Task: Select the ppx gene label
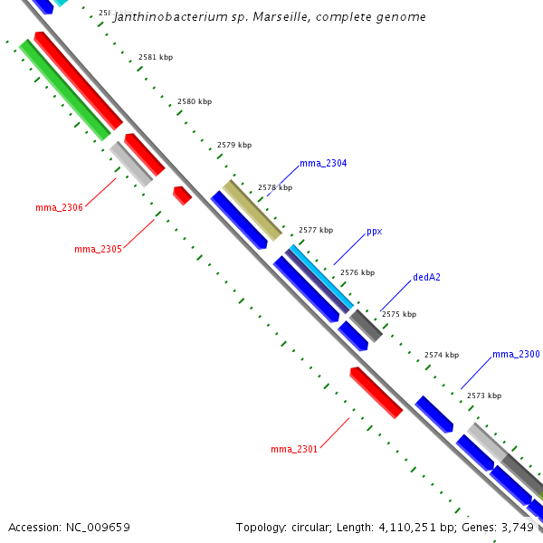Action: [x=374, y=232]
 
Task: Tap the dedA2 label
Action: [x=426, y=278]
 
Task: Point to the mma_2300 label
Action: [x=516, y=355]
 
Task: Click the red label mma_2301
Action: [x=294, y=449]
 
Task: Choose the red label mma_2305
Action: [x=98, y=249]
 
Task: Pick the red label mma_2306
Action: [x=59, y=208]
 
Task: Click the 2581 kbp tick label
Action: [x=156, y=57]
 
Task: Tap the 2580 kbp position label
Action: [x=195, y=102]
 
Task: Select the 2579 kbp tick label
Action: [x=234, y=145]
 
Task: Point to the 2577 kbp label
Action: [x=316, y=230]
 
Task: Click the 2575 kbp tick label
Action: [x=399, y=315]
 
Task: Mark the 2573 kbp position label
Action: [x=483, y=395]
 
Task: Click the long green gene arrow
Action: [x=65, y=90]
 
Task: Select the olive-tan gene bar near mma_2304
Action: [x=252, y=210]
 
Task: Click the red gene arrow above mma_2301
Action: [x=376, y=393]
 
